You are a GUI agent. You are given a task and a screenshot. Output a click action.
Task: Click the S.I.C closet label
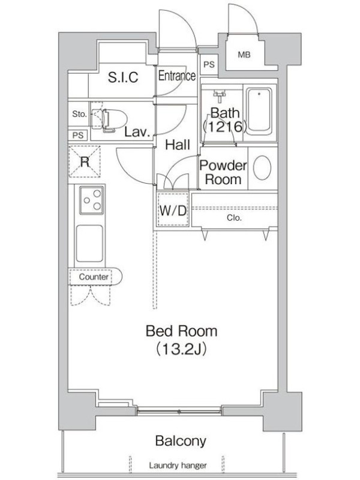pos(123,77)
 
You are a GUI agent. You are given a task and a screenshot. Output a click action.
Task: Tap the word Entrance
pos(176,76)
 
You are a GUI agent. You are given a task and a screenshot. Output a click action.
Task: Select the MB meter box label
pos(244,55)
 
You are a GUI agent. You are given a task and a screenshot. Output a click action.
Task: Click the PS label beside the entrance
pos(209,65)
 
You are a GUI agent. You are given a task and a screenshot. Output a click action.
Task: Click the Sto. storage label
pos(79,114)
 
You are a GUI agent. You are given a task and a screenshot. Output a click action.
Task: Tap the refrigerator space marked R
pos(85,161)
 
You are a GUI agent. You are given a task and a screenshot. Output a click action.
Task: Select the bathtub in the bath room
pos(259,111)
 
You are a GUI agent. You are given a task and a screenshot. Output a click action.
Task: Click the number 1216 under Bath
pos(225,126)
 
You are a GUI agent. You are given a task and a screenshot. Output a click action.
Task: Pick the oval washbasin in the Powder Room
pos(262,168)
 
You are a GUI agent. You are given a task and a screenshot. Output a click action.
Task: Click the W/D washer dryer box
pos(173,209)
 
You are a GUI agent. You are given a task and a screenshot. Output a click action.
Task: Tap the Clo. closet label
pos(234,218)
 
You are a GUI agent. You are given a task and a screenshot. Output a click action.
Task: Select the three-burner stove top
pos(92,200)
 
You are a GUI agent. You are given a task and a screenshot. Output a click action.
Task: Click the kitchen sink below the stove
pos(89,244)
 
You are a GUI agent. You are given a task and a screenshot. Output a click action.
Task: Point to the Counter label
pos(94,277)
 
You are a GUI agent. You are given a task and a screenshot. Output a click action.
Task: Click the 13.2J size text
pos(181,349)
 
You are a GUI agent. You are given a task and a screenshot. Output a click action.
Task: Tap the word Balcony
pos(181,441)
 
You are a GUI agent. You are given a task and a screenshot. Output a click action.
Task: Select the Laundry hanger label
pos(178,466)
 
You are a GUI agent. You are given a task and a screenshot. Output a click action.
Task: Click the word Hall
pos(178,145)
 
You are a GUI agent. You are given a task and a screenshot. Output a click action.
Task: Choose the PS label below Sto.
pos(78,135)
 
